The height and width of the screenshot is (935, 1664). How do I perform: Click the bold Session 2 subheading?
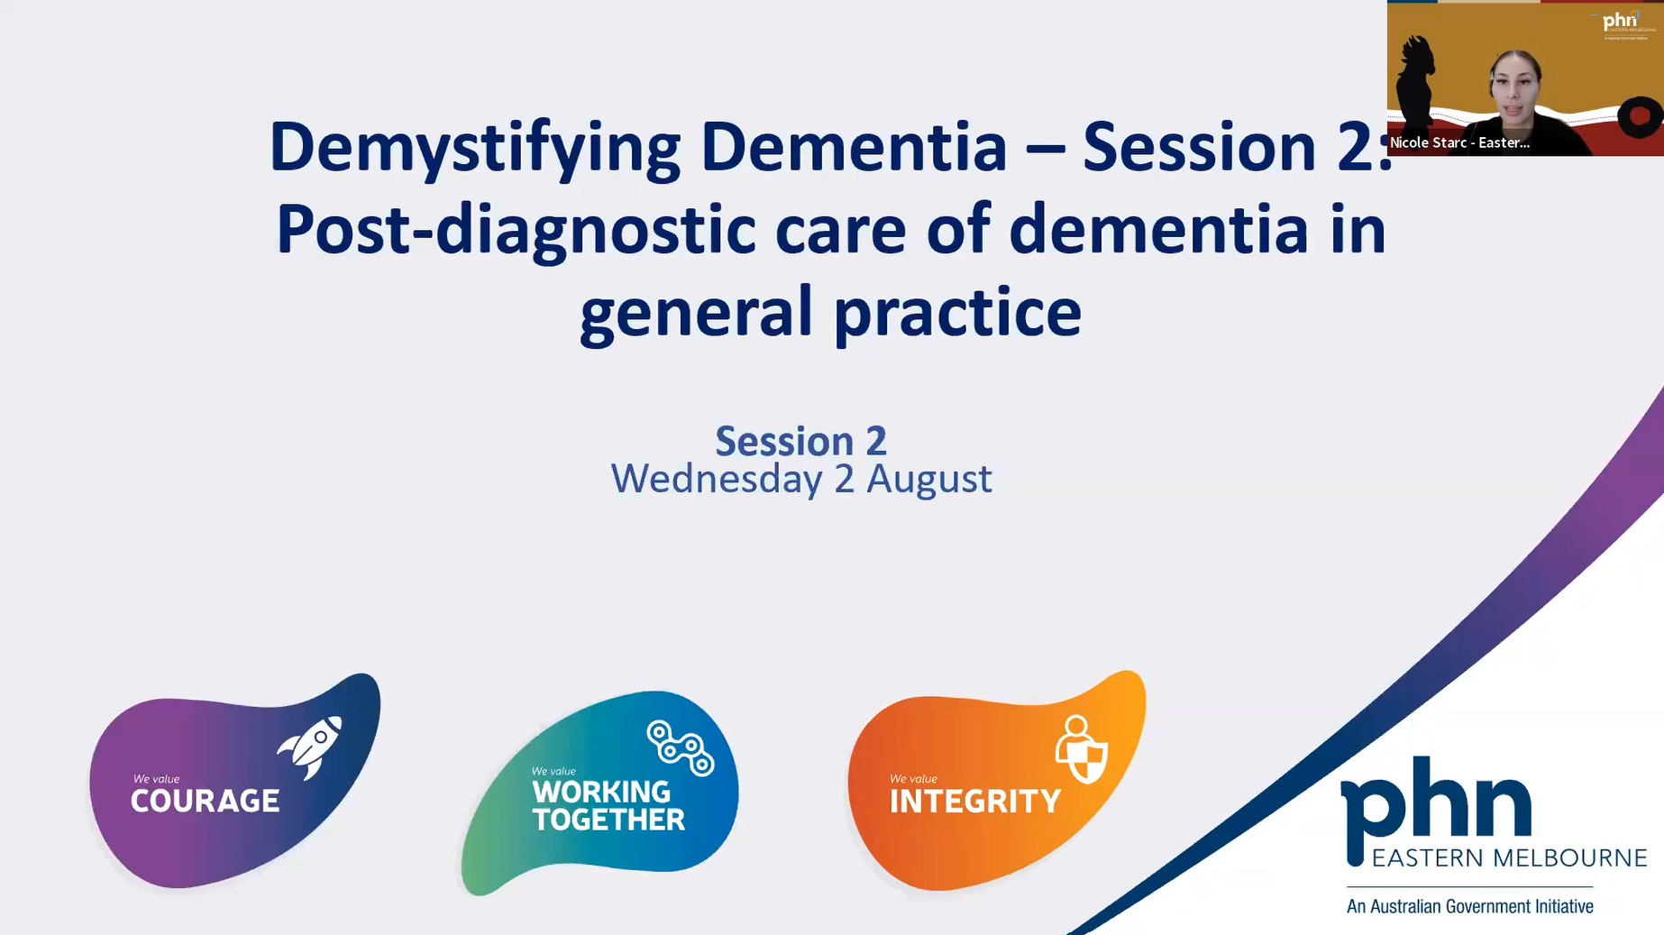(800, 441)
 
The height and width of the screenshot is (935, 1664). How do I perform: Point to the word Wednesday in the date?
(717, 479)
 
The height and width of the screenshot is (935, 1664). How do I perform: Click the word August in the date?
(928, 479)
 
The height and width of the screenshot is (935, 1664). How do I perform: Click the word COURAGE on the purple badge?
(205, 801)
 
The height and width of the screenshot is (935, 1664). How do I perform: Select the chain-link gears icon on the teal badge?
(681, 747)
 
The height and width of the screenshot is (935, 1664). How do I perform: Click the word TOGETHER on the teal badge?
(608, 820)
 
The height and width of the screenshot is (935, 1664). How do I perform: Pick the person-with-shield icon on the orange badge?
(1081, 749)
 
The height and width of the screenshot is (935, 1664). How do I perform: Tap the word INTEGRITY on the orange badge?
(974, 802)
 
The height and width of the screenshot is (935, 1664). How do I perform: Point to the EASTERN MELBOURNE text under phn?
(1509, 857)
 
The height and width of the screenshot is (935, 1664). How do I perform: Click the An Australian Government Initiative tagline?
(1469, 906)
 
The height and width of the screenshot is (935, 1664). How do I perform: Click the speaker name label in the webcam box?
(1459, 142)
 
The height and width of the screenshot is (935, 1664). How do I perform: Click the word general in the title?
(696, 313)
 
